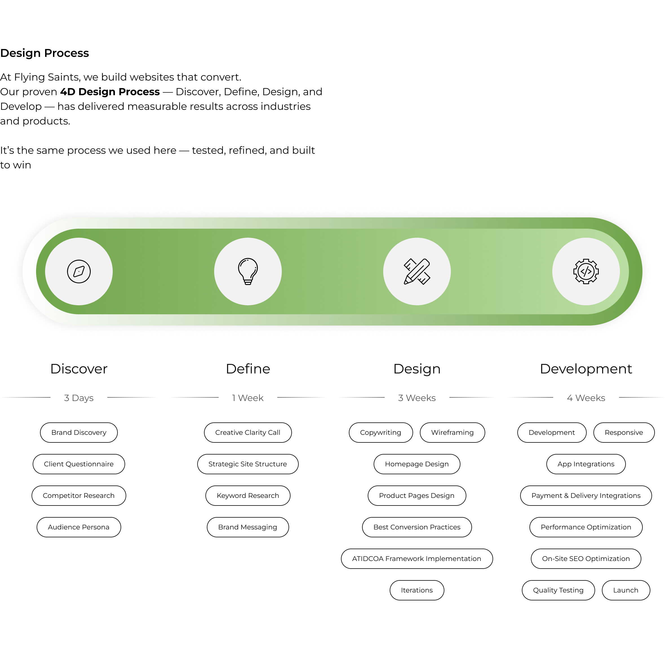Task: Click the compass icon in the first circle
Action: point(79,272)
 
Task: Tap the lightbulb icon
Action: point(248,272)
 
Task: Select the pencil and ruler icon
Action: point(417,272)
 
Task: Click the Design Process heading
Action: point(45,53)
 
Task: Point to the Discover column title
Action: point(79,369)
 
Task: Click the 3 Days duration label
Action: point(79,398)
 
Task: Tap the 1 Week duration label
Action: point(248,398)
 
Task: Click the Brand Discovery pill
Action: point(79,433)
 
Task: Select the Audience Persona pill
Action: point(79,527)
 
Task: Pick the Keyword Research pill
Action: point(248,496)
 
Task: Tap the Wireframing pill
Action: point(453,433)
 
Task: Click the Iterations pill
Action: point(417,591)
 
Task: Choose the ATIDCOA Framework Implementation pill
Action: point(417,559)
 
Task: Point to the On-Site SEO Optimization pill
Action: point(586,559)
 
